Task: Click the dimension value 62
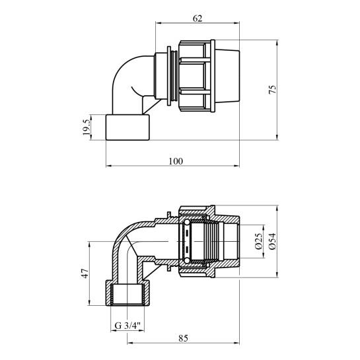(198, 18)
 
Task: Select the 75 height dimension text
(273, 89)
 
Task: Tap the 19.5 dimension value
(87, 127)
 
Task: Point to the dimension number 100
(176, 161)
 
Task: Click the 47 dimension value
(85, 273)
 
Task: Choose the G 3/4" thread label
(127, 326)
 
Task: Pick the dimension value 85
(183, 338)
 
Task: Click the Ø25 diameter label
(258, 241)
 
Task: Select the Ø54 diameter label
(273, 241)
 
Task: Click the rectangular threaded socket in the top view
(127, 127)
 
